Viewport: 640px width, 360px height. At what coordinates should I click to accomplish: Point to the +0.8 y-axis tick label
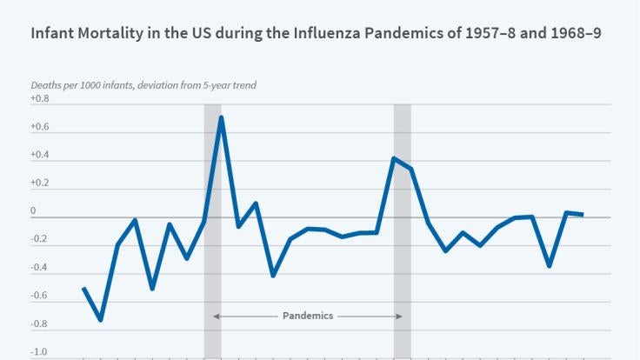pos(40,99)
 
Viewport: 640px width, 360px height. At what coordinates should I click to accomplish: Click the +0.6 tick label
pos(40,128)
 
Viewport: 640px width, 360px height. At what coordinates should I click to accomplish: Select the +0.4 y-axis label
pos(40,156)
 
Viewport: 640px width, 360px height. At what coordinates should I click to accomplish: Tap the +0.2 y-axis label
pos(40,183)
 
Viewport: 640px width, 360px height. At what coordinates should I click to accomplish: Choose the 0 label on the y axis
pos(33,211)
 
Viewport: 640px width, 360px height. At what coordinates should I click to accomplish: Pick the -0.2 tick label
pos(40,240)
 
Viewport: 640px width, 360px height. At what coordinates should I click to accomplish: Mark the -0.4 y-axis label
pos(40,268)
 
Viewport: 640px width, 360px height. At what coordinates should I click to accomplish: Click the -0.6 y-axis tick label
pos(40,296)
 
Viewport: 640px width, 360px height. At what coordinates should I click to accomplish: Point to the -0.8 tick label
pos(40,324)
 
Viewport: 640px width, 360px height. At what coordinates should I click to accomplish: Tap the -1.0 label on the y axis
pos(40,352)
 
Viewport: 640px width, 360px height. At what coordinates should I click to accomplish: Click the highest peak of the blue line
pos(222,117)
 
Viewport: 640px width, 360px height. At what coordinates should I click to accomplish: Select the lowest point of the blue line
pos(101,320)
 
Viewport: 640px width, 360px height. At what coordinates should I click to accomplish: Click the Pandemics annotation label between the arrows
pos(308,317)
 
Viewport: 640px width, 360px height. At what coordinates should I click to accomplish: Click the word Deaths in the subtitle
pos(47,85)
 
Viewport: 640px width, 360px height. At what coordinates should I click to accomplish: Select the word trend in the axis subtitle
pos(243,85)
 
